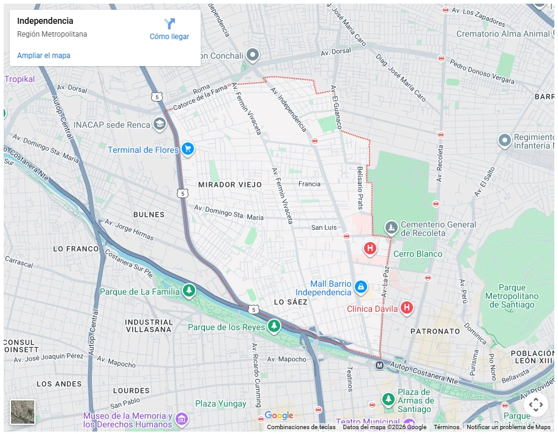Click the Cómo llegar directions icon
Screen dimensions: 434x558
(x=169, y=24)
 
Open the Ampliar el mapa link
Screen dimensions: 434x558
(x=43, y=56)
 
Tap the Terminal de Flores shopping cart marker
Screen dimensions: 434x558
(x=188, y=149)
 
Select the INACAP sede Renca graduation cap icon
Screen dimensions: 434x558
(x=160, y=124)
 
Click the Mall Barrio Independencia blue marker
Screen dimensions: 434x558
(x=361, y=287)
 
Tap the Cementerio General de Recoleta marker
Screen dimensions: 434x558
(x=392, y=228)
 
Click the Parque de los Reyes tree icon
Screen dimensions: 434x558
(x=274, y=326)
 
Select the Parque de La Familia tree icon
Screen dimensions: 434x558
(x=189, y=290)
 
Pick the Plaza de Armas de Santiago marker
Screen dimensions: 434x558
(x=388, y=400)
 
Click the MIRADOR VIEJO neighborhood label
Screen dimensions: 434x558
(x=229, y=185)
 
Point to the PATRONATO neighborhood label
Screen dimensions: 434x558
(x=435, y=331)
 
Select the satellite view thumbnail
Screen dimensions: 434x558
(x=23, y=412)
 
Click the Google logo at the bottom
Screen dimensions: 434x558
(x=279, y=416)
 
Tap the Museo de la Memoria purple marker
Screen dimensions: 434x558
(x=181, y=419)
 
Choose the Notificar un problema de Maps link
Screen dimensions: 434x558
(x=508, y=427)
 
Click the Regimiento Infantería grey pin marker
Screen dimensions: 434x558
(x=504, y=141)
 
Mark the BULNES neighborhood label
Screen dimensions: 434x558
(x=149, y=215)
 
